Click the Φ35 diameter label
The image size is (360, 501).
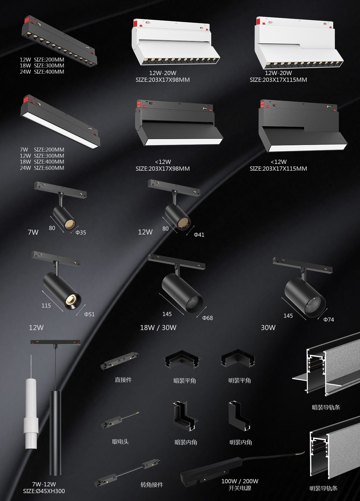(81, 233)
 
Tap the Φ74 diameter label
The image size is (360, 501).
(328, 320)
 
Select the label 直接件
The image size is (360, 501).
(123, 380)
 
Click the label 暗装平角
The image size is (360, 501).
(185, 381)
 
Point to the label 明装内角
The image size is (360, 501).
(241, 442)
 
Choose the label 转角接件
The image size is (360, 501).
(152, 485)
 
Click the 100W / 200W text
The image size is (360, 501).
(240, 481)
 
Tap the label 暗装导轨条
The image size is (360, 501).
(326, 407)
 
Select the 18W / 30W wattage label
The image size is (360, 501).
(158, 328)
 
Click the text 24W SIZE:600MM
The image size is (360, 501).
(42, 168)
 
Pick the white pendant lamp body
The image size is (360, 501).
(31, 413)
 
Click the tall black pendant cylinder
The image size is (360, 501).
(55, 433)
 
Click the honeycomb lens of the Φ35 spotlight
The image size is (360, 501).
(70, 224)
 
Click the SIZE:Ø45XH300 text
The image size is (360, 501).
(44, 491)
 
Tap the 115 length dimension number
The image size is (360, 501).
(46, 306)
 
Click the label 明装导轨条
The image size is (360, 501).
(323, 488)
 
